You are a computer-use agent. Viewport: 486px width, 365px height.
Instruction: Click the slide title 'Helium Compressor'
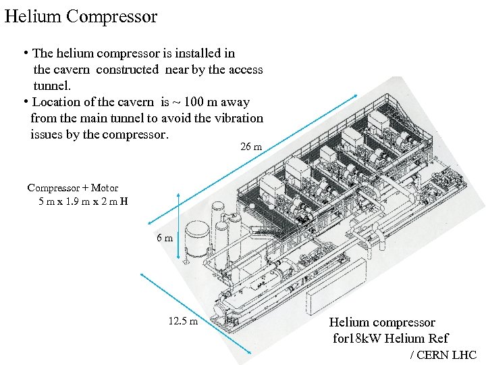(81, 16)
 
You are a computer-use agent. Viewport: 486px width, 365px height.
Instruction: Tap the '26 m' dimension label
(251, 147)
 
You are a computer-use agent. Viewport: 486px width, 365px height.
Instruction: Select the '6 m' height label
(165, 238)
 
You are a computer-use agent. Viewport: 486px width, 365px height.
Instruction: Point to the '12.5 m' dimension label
(183, 321)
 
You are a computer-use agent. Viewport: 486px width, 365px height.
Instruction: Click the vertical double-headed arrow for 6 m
(177, 226)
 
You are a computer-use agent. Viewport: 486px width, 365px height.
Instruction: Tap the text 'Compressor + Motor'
(72, 188)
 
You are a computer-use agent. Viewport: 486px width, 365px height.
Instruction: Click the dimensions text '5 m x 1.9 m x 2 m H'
(83, 201)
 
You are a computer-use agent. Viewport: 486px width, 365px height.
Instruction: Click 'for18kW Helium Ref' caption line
(390, 338)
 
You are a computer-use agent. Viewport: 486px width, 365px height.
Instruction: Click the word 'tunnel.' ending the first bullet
(51, 86)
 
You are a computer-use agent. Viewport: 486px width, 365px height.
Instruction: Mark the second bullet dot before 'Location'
(24, 102)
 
